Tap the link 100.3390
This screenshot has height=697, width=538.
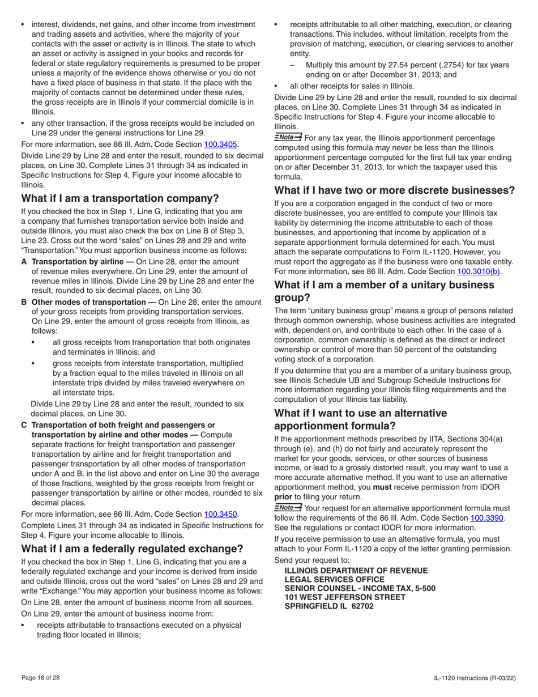pyautogui.click(x=487, y=518)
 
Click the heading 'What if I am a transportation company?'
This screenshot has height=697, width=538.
pyautogui.click(x=120, y=198)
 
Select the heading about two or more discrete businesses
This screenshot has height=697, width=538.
pyautogui.click(x=395, y=190)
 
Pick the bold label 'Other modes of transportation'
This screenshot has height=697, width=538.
pyautogui.click(x=93, y=302)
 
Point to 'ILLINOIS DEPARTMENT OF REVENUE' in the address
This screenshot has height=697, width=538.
pyautogui.click(x=356, y=571)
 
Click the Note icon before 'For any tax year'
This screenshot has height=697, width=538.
pyautogui.click(x=288, y=138)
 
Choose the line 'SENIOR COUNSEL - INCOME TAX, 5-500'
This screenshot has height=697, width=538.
pyautogui.click(x=360, y=588)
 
